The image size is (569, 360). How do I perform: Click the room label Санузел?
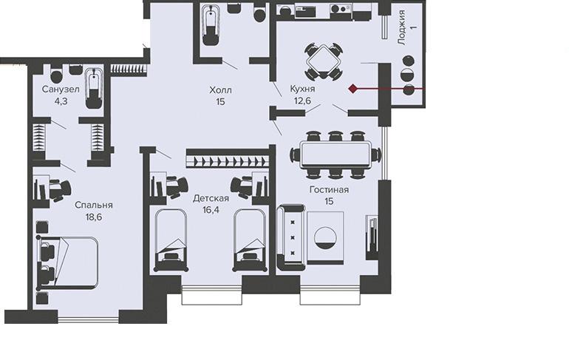click(x=61, y=89)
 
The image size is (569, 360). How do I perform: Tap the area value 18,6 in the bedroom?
click(x=94, y=217)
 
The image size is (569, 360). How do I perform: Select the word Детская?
click(x=211, y=198)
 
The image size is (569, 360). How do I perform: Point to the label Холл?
click(x=220, y=90)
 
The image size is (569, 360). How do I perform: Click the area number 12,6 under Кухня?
click(x=302, y=101)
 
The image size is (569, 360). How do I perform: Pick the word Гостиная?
click(x=329, y=190)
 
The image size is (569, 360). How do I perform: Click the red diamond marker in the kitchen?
click(x=352, y=88)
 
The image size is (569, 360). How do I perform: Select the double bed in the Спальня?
click(x=67, y=262)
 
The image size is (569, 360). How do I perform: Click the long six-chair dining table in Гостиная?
click(x=335, y=154)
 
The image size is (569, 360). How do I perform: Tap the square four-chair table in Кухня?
click(x=323, y=61)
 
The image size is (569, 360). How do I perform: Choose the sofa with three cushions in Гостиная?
click(x=291, y=237)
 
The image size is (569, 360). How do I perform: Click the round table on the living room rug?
click(x=325, y=238)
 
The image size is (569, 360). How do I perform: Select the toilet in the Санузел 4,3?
click(x=56, y=75)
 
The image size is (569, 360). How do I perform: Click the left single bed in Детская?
click(x=171, y=240)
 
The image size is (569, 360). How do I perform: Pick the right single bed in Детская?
click(x=249, y=240)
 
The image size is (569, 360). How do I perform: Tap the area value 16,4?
click(x=211, y=210)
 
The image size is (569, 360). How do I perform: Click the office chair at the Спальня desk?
click(x=61, y=189)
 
